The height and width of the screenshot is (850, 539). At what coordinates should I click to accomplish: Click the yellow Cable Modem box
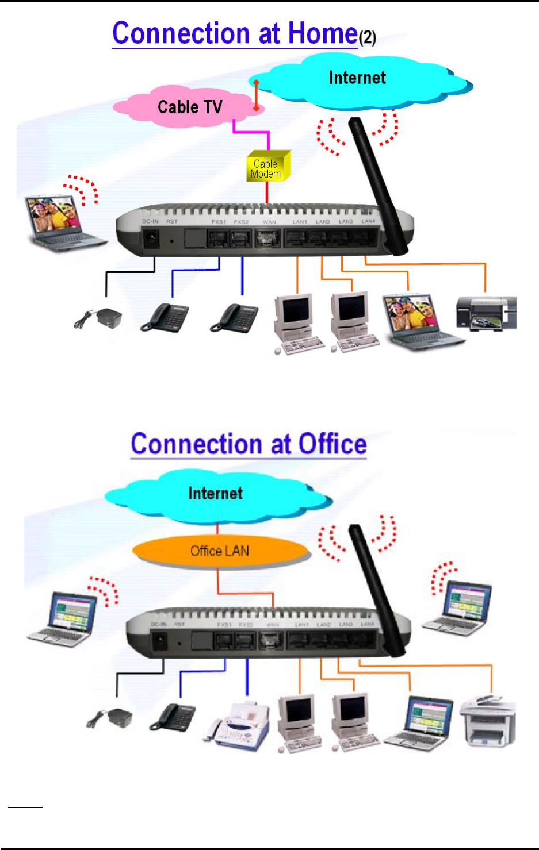268,167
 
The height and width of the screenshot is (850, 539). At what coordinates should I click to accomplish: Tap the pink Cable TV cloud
189,106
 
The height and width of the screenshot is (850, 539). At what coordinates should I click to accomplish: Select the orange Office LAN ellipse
220,551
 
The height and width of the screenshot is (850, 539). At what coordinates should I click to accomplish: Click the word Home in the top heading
322,33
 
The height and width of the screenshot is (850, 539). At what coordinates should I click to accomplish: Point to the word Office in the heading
332,444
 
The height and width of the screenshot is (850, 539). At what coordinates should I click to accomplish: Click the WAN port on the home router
267,237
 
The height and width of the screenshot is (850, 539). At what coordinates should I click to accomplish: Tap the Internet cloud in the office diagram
216,494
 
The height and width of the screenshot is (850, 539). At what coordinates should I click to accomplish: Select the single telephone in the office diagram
173,718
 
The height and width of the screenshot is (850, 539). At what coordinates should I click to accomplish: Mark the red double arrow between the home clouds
257,95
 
